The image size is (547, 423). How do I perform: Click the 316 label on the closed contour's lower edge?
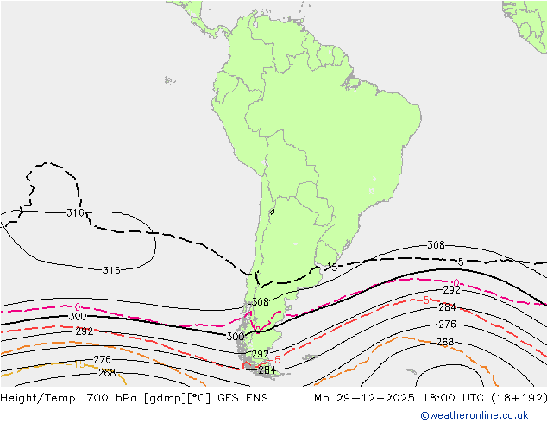(x=110, y=270)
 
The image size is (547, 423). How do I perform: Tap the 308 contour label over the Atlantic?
(x=436, y=245)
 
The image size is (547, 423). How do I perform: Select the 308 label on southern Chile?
(x=260, y=302)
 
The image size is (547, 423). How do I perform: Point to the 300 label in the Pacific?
(x=78, y=317)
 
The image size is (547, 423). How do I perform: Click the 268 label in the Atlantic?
(x=444, y=342)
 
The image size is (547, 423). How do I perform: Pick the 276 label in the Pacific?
(x=102, y=359)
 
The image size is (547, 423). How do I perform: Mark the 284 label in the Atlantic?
(x=447, y=307)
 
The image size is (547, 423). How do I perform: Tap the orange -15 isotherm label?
(x=78, y=363)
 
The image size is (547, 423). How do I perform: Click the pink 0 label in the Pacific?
(x=78, y=306)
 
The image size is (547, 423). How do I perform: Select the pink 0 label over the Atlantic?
(x=456, y=283)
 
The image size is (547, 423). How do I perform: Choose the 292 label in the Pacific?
(x=85, y=331)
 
